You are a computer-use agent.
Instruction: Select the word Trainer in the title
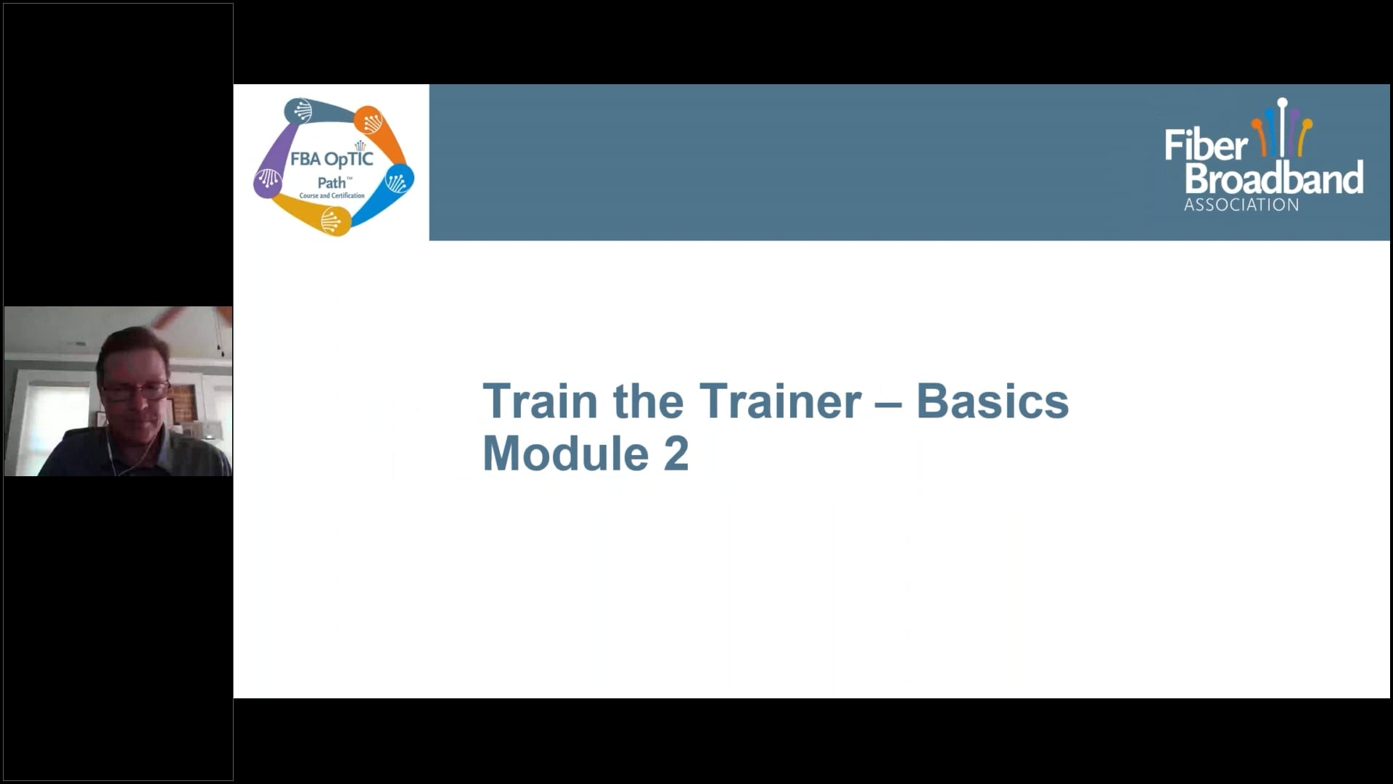(x=780, y=401)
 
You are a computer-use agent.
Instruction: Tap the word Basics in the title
(x=992, y=401)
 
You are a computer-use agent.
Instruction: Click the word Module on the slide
(x=565, y=454)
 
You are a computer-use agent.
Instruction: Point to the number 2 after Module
(x=675, y=454)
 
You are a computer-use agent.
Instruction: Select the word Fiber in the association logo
(x=1206, y=145)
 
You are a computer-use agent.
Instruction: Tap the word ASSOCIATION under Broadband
(x=1241, y=205)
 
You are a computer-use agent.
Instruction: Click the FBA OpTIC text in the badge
(x=332, y=159)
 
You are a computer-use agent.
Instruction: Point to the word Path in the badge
(x=332, y=182)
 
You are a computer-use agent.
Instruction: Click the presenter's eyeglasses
(x=135, y=391)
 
